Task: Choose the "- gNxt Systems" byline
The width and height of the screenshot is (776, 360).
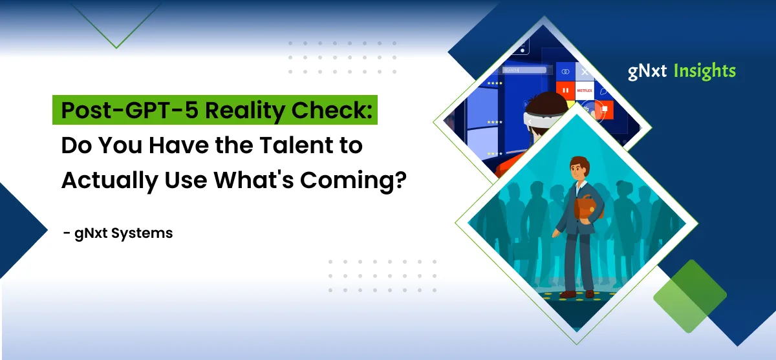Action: coord(118,233)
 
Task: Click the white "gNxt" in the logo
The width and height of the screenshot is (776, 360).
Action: coord(647,71)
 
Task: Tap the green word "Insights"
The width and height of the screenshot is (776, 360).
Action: coord(704,71)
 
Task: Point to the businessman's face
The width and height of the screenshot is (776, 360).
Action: coord(577,169)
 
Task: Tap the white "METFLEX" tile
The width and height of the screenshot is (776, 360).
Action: coord(584,91)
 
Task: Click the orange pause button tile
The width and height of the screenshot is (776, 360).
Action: coord(565,90)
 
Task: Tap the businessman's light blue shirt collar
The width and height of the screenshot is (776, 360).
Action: coord(577,183)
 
